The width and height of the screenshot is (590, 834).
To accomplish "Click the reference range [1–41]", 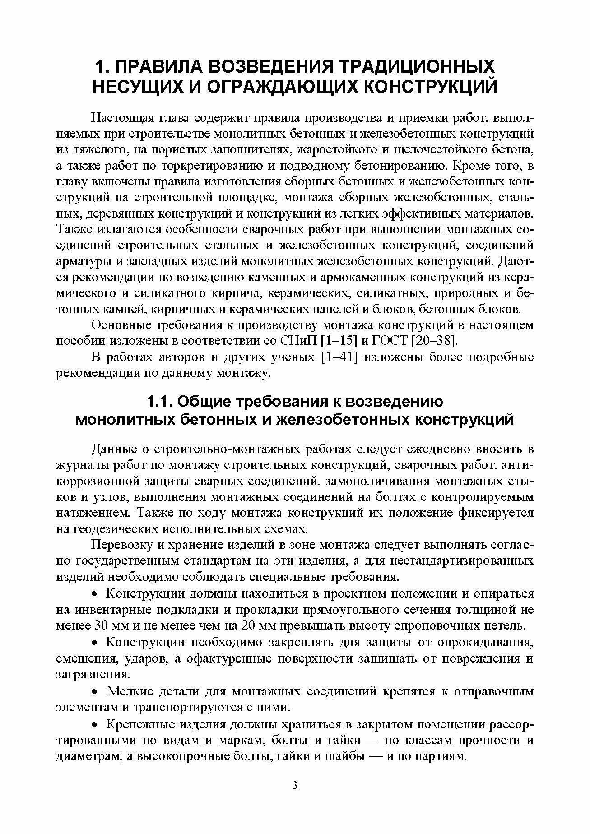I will coord(339,357).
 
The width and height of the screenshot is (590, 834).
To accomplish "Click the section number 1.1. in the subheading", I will coord(161,401).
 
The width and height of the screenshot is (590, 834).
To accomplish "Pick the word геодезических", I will coord(116,528).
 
